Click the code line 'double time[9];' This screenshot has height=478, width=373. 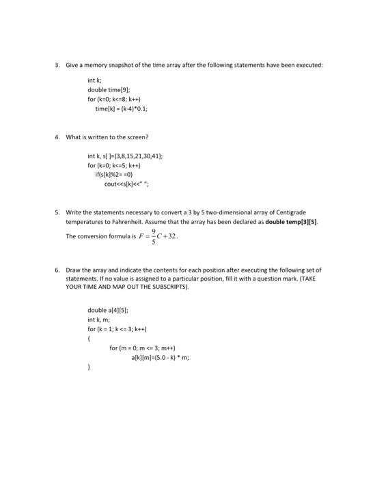click(105, 90)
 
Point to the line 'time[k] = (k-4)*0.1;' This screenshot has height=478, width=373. click(120, 108)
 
